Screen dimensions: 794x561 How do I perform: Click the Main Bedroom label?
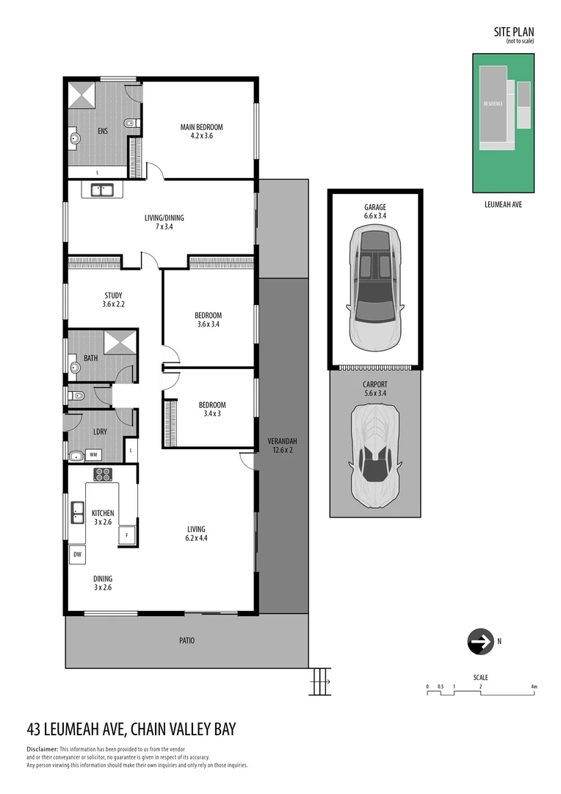201,132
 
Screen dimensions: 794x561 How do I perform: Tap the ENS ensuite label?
103,132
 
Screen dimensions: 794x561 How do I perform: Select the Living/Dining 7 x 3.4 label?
164,222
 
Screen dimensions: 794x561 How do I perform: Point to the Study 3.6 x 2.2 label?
113,299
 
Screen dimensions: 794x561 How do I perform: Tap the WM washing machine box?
94,455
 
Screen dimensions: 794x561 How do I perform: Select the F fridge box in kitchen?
127,535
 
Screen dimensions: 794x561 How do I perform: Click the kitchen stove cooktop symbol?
103,474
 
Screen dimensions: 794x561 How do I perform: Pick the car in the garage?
374,286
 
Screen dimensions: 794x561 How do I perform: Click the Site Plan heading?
513,32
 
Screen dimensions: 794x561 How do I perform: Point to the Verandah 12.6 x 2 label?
281,446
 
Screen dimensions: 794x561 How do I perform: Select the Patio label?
187,640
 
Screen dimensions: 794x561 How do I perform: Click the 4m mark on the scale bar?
534,687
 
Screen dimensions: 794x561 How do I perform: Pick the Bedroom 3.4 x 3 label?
212,409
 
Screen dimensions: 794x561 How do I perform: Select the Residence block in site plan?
493,104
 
